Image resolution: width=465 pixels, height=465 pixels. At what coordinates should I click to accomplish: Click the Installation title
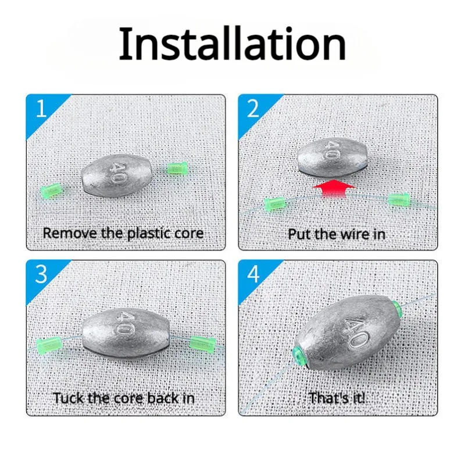click(x=232, y=44)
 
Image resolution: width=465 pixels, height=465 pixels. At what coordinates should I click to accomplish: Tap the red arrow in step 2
click(x=334, y=188)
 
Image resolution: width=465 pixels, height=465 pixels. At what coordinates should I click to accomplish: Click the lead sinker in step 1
click(x=117, y=176)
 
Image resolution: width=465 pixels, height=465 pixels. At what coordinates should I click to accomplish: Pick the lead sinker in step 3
click(x=126, y=332)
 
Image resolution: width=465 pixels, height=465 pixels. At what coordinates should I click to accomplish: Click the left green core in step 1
click(x=52, y=191)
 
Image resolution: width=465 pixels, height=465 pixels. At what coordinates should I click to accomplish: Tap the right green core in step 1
click(x=177, y=169)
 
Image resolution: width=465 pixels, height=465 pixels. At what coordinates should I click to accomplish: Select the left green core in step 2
click(x=275, y=205)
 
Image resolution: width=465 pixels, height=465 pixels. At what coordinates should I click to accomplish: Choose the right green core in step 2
click(x=399, y=199)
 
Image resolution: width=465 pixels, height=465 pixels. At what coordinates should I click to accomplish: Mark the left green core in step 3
click(x=49, y=345)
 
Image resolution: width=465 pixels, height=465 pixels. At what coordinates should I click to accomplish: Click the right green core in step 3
click(x=202, y=344)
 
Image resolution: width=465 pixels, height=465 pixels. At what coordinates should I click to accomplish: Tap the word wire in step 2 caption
click(x=353, y=234)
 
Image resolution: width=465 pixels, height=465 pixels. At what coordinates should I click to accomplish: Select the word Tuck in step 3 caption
click(x=69, y=398)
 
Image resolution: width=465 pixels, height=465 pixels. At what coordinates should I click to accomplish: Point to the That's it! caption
click(x=337, y=398)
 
